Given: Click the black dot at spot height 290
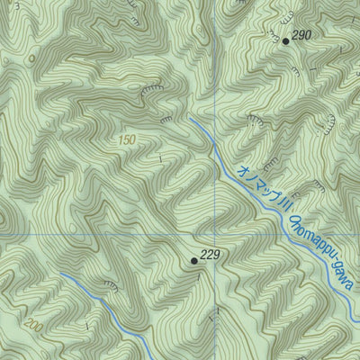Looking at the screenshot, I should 286,40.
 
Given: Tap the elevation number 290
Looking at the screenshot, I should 301,35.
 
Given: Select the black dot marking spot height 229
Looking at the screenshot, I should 193,261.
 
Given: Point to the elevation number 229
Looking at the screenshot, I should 209,256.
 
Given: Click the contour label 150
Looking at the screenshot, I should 127,141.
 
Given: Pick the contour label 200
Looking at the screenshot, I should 34,325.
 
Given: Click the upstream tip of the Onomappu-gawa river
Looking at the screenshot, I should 190,118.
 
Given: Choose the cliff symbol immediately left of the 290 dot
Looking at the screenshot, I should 270,32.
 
